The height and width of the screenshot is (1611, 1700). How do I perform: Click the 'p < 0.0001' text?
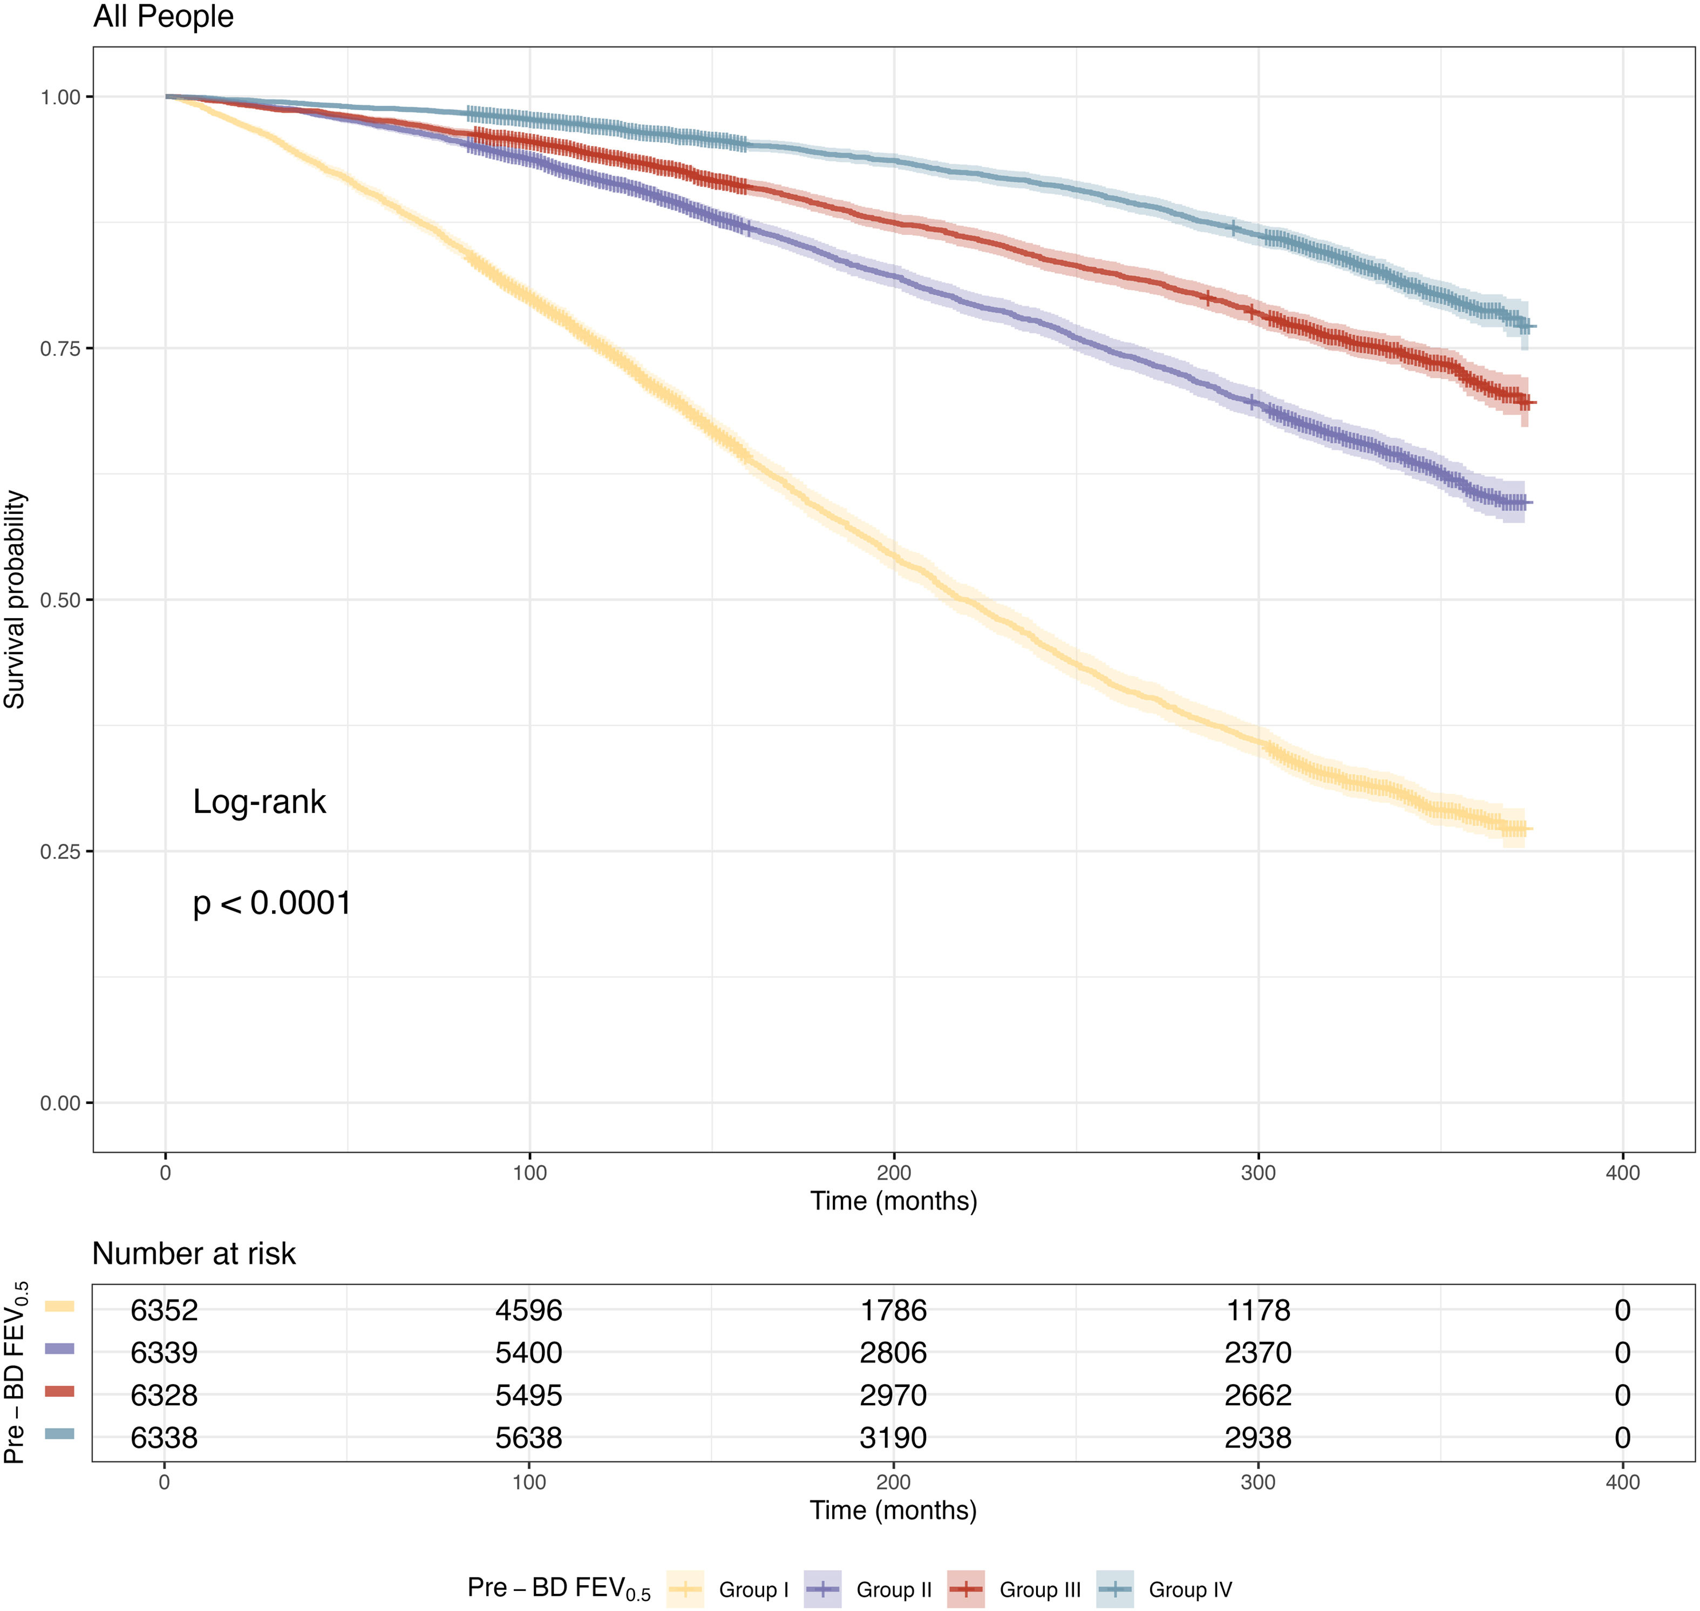click(x=272, y=903)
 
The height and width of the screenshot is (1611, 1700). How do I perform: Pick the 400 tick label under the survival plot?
click(x=1622, y=1173)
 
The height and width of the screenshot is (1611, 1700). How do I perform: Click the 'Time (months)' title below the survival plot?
click(x=893, y=1201)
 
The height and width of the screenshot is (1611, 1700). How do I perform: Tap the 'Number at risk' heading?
click(x=194, y=1254)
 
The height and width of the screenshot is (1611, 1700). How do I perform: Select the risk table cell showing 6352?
click(x=164, y=1310)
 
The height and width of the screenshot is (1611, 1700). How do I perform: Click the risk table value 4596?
click(x=529, y=1310)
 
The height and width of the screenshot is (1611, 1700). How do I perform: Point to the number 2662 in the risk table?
click(x=1258, y=1396)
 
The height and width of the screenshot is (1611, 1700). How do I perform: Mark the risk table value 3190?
click(x=893, y=1438)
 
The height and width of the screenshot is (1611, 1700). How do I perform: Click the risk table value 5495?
click(x=529, y=1396)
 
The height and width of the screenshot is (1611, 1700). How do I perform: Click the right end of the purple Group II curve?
click(x=1529, y=503)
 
